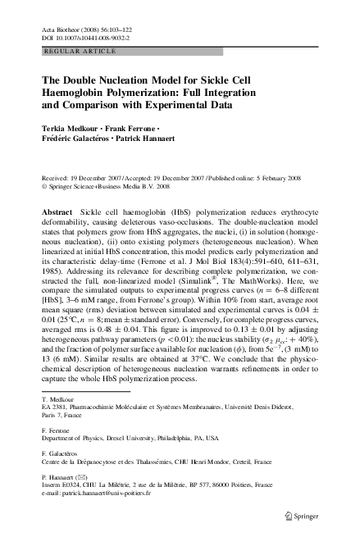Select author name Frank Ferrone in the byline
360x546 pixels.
pos(133,129)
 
